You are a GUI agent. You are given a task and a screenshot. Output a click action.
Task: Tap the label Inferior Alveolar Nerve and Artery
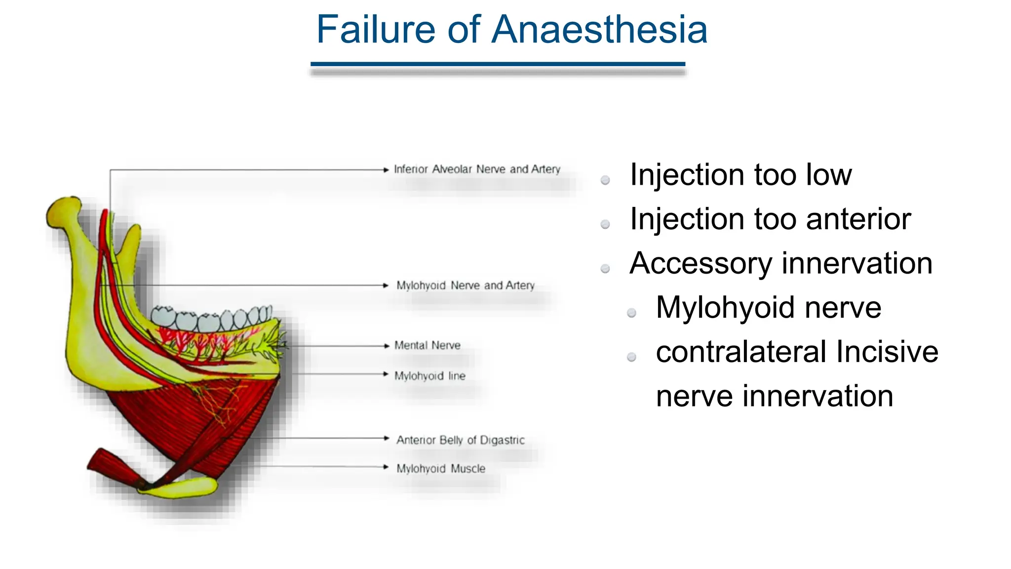[x=477, y=169]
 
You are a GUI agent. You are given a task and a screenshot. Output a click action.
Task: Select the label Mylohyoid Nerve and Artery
[x=465, y=285]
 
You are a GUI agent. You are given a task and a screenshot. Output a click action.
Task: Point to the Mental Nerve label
[x=427, y=345]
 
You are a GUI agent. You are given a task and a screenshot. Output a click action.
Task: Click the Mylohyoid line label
[x=429, y=376]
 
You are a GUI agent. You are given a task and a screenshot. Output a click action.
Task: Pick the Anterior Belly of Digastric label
[x=460, y=440]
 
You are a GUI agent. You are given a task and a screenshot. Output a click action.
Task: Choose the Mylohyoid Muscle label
[x=440, y=468]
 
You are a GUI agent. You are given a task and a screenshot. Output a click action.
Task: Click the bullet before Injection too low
[x=605, y=180]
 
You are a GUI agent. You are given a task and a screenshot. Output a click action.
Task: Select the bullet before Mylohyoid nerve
[x=631, y=313]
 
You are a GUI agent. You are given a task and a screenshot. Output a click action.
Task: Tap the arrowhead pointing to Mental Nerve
[x=387, y=346]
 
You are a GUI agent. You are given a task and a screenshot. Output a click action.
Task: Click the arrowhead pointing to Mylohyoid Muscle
[x=387, y=467]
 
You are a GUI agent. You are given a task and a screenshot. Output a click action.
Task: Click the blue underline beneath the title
[x=498, y=64]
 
